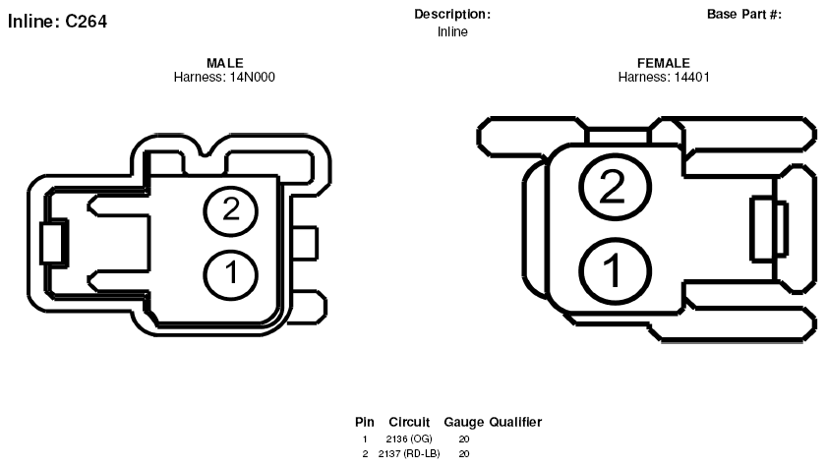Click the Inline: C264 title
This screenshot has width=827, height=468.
coord(57,22)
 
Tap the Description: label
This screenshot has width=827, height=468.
coord(452,14)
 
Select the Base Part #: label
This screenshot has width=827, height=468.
coord(744,14)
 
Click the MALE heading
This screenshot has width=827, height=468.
coord(224,63)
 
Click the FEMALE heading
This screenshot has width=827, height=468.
coord(664,63)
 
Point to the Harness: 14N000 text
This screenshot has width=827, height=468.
coord(224,77)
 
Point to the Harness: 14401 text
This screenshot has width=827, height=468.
coord(664,77)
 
